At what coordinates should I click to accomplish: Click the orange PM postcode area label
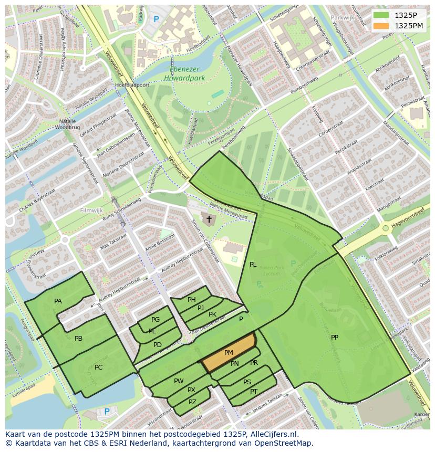tap(229, 353)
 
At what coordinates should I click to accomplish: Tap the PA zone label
tap(58, 301)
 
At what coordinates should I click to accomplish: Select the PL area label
tap(253, 265)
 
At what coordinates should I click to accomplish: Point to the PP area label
tap(335, 338)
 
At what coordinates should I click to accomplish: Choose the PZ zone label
tap(192, 402)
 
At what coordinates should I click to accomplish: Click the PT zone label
tap(254, 392)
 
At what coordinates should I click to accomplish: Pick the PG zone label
tap(156, 320)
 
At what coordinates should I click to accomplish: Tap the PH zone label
tap(192, 300)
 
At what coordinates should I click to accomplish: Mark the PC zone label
tap(99, 367)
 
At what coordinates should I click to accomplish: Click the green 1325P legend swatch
tap(381, 15)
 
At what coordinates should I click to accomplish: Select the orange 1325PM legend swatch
tap(381, 26)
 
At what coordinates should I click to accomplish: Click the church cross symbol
tap(209, 219)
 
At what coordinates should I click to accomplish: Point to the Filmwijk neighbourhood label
tap(91, 211)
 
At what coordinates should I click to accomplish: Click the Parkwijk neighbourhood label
tap(342, 18)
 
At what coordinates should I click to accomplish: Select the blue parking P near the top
tap(156, 19)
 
